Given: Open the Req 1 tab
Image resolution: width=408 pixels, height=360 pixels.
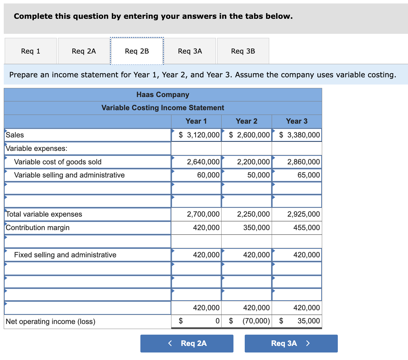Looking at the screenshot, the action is [31, 51].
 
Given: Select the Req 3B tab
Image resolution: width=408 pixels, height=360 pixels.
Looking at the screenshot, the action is [243, 51].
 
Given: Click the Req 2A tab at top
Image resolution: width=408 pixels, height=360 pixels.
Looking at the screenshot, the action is [84, 51].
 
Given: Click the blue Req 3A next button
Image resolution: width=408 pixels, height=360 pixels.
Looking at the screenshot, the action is [291, 343].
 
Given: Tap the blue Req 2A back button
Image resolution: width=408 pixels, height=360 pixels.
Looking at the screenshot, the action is [187, 343].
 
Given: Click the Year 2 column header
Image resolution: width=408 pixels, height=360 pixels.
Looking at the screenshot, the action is [246, 121].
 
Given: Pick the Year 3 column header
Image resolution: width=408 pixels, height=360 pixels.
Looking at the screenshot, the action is [296, 121].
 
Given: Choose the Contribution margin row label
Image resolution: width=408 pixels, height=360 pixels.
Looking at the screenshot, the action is [38, 228].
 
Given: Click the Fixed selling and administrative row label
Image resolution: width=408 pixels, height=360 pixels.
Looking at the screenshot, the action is [65, 255].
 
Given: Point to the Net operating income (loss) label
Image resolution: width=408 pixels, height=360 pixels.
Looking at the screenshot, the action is [50, 321].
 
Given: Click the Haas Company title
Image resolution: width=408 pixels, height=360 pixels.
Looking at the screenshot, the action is [163, 95].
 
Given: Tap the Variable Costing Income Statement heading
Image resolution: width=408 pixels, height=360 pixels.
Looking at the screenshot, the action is [163, 108].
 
